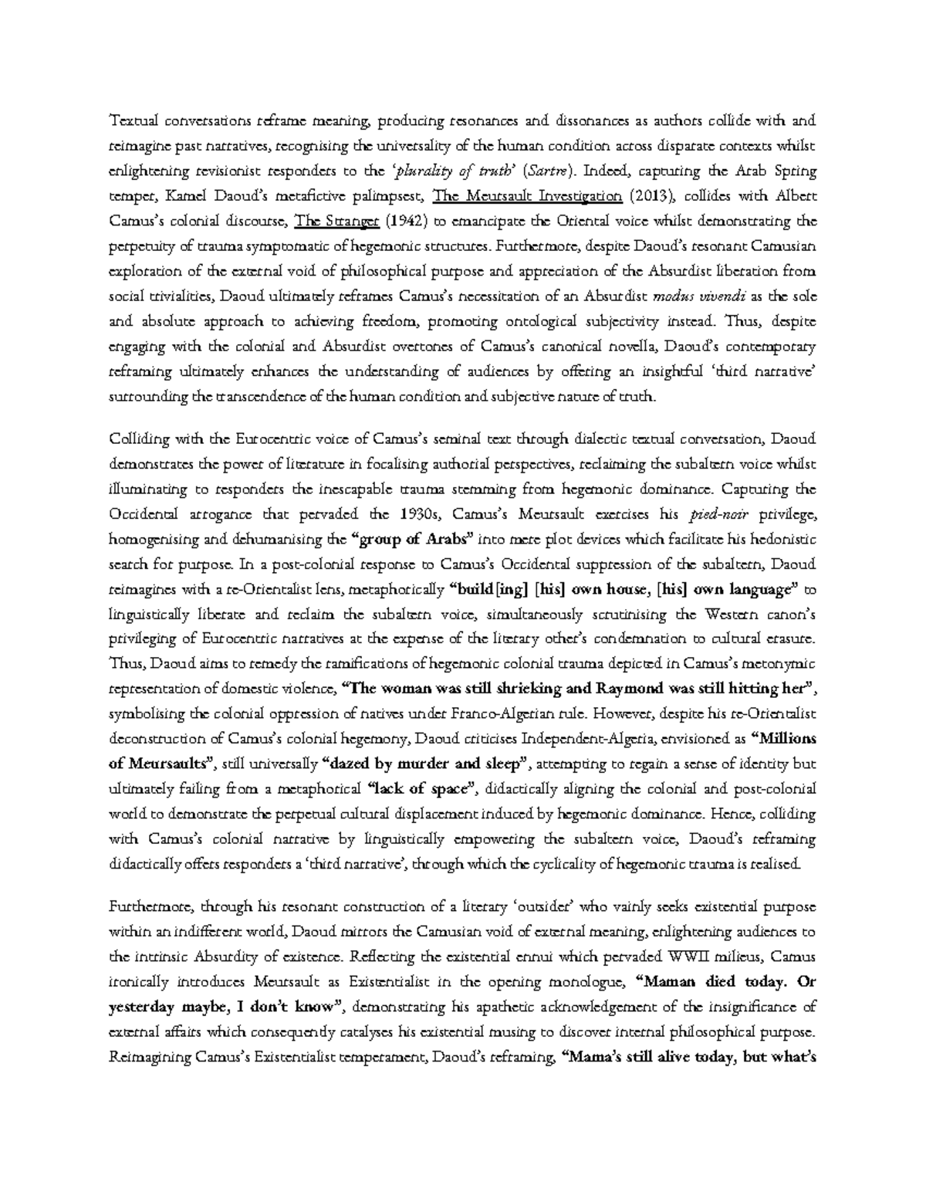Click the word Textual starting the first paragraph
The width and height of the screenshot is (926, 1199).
coord(130,121)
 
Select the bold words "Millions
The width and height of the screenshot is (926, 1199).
coord(782,739)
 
